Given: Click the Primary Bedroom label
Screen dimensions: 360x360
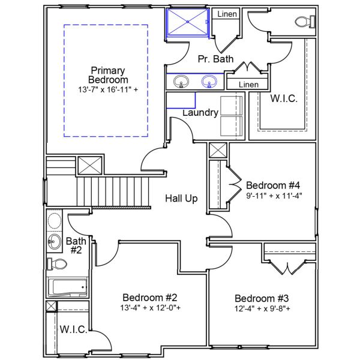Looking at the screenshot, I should tap(108, 75).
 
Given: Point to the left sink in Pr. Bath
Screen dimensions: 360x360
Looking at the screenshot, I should tap(179, 81).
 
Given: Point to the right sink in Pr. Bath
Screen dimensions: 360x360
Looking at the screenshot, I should tap(209, 81).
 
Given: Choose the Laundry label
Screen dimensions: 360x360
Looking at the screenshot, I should tap(200, 112).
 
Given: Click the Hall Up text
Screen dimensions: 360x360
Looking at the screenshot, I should tap(182, 199).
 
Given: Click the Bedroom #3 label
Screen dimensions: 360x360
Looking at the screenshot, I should tap(262, 299).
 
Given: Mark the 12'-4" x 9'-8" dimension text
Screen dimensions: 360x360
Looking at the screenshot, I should tap(262, 309).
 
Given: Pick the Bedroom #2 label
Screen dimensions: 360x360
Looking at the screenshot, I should tap(149, 298).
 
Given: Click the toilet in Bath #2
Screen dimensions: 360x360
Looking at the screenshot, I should tap(58, 264).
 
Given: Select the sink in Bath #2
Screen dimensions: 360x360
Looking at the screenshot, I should tap(54, 242).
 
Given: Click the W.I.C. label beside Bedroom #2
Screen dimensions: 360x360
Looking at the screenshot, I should tap(74, 329).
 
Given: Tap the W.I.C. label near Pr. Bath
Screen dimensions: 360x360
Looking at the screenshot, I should tap(284, 98).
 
